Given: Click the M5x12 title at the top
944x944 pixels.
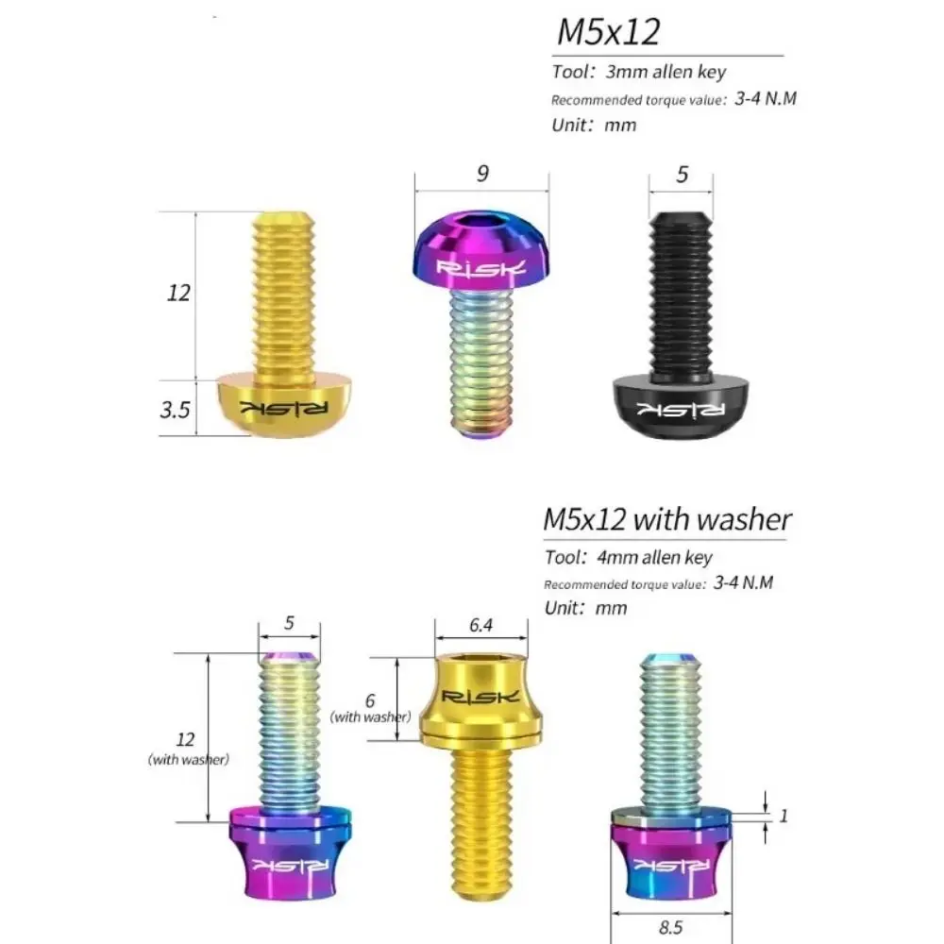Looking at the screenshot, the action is pyautogui.click(x=608, y=32).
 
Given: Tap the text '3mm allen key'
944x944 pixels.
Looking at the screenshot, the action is pyautogui.click(x=666, y=72).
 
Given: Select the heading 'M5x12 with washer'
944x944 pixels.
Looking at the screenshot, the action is pyautogui.click(x=667, y=519).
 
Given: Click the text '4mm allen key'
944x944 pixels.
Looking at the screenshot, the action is pyautogui.click(x=654, y=557).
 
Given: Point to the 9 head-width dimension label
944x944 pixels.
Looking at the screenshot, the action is pyautogui.click(x=482, y=174).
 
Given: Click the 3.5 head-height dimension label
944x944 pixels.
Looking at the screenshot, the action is pyautogui.click(x=175, y=410).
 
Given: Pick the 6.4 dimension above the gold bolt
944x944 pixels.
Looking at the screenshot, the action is pyautogui.click(x=481, y=625).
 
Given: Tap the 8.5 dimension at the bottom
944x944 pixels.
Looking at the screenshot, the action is pyautogui.click(x=670, y=927).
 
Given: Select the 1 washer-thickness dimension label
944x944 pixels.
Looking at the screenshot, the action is pyautogui.click(x=784, y=816).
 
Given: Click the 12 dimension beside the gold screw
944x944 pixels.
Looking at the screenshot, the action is pyautogui.click(x=178, y=293).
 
